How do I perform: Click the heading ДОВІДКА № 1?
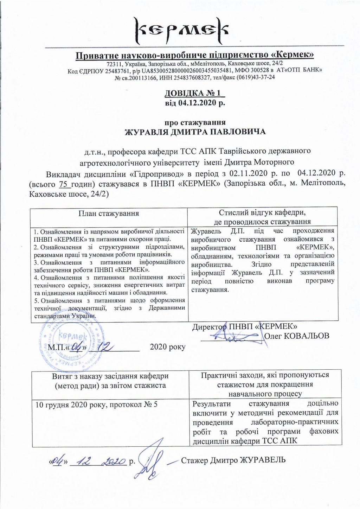194,93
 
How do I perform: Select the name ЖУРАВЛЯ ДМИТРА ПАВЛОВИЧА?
195,132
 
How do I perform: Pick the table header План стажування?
109,214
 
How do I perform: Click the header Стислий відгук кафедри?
262,213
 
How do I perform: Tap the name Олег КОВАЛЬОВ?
296,336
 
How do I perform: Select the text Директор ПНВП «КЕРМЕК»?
245,326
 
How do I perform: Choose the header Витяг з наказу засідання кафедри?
110,376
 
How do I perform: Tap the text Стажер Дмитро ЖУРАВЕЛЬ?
233,460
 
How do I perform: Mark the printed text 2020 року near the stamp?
167,347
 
